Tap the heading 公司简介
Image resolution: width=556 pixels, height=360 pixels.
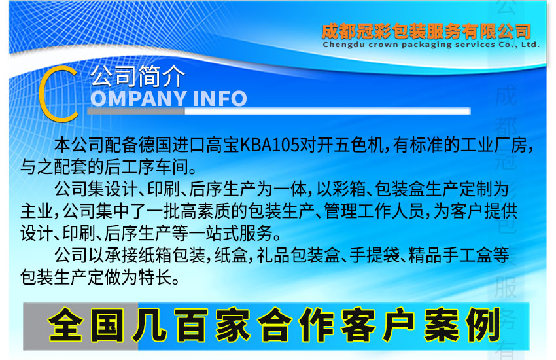coord(138,77)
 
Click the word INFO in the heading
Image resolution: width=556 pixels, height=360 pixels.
coord(220,98)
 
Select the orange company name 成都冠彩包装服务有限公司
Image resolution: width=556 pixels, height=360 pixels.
coord(426,31)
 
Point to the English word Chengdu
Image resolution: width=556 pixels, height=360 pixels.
coord(345,45)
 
